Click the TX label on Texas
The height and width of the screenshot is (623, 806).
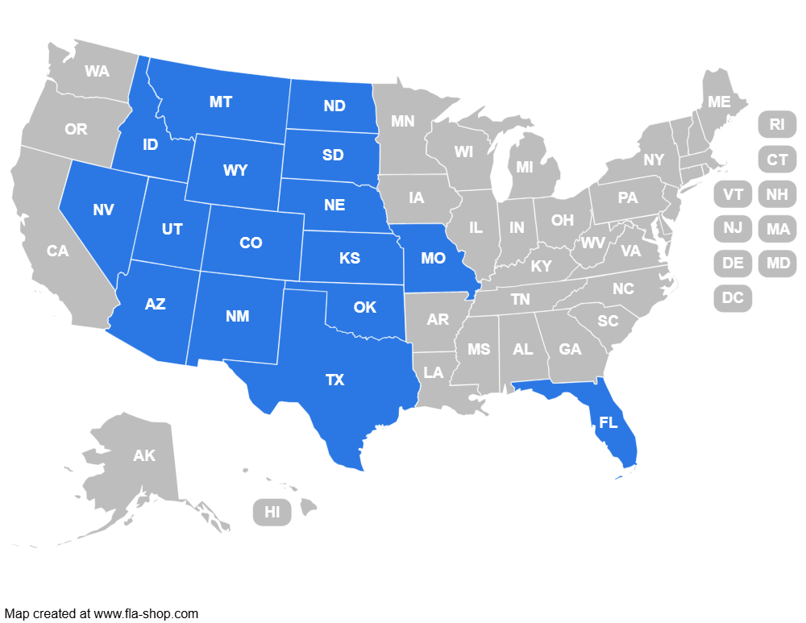tap(334, 380)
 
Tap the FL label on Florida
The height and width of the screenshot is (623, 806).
tap(609, 422)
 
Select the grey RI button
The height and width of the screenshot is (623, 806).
tap(777, 124)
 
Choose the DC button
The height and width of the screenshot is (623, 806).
tap(733, 297)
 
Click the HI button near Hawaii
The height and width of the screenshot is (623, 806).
tap(272, 512)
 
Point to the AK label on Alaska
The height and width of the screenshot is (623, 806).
tap(144, 455)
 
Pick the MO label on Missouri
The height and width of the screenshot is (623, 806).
tap(433, 259)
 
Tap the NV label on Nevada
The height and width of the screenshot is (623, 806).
tap(103, 210)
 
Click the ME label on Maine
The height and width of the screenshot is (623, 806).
tap(719, 102)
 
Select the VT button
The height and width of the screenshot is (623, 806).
tap(733, 194)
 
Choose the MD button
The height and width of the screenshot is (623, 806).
tap(778, 263)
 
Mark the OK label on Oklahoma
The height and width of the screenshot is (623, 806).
tap(365, 307)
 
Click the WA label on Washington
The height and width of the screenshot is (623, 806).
tap(97, 71)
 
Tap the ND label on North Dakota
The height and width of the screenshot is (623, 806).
tap(334, 106)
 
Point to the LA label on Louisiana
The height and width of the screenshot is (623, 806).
tap(434, 372)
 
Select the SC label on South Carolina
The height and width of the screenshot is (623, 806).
tap(608, 321)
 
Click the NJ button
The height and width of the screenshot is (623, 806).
tap(733, 228)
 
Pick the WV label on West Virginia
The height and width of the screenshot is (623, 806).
tap(592, 243)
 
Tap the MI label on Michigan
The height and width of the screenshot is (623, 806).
tap(525, 168)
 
